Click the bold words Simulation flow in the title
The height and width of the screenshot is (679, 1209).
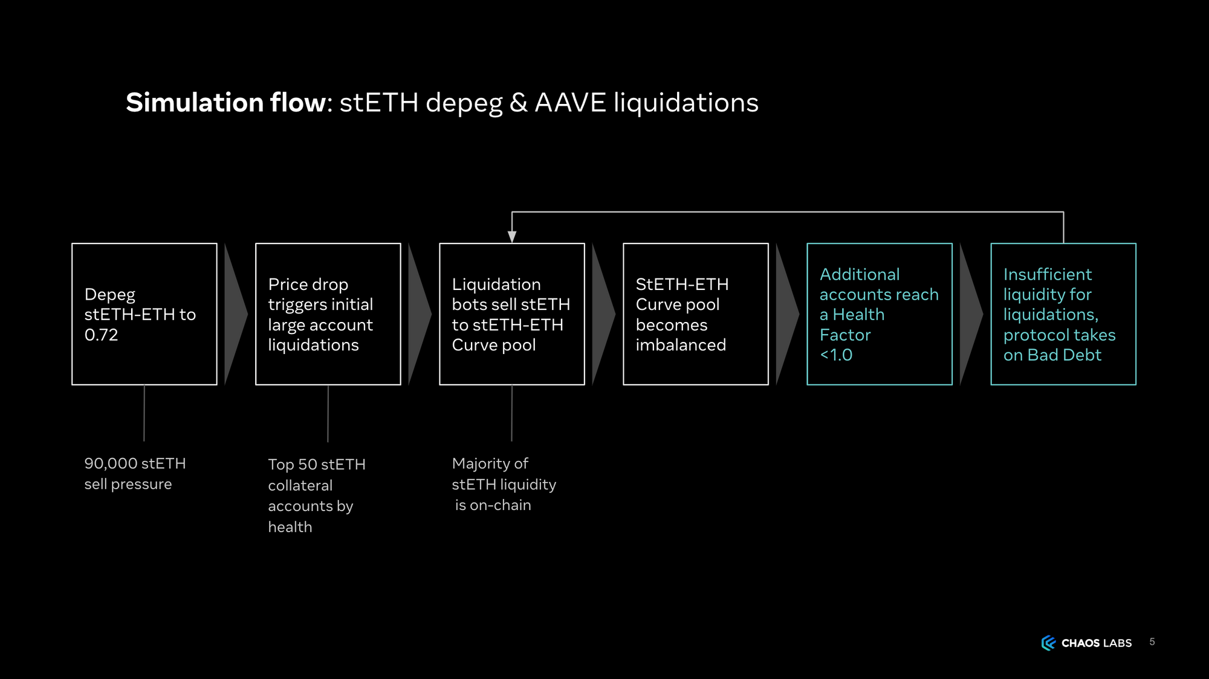pyautogui.click(x=225, y=103)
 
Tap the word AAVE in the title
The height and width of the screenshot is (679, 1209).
pyautogui.click(x=570, y=103)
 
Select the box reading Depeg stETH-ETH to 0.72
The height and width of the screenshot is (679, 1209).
pyautogui.click(x=144, y=314)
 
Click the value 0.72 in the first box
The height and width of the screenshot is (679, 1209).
pyautogui.click(x=101, y=335)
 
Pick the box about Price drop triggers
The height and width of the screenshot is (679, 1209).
pyautogui.click(x=328, y=314)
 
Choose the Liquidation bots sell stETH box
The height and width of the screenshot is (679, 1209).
pyautogui.click(x=511, y=314)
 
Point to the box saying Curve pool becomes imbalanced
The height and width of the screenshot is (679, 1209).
pyautogui.click(x=695, y=314)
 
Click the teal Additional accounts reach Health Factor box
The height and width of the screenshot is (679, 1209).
pyautogui.click(x=879, y=314)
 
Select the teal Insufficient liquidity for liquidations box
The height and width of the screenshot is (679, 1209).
pyautogui.click(x=1063, y=314)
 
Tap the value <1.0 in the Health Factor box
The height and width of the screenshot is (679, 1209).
pyautogui.click(x=836, y=355)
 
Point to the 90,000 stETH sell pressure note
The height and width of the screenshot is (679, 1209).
pyautogui.click(x=135, y=474)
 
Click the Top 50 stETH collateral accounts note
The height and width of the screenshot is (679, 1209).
pyautogui.click(x=316, y=495)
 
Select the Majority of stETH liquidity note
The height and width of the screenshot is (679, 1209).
pyautogui.click(x=504, y=484)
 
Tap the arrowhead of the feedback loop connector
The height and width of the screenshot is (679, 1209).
pyautogui.click(x=512, y=237)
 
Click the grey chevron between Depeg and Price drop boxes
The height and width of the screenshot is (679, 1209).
pyautogui.click(x=235, y=314)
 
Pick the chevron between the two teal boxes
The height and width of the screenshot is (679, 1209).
pyautogui.click(x=970, y=314)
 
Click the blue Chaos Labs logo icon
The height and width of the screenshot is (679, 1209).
pyautogui.click(x=1048, y=643)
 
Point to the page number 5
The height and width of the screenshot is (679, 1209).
pyautogui.click(x=1152, y=642)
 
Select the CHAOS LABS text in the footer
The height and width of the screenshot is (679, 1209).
pyautogui.click(x=1097, y=643)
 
